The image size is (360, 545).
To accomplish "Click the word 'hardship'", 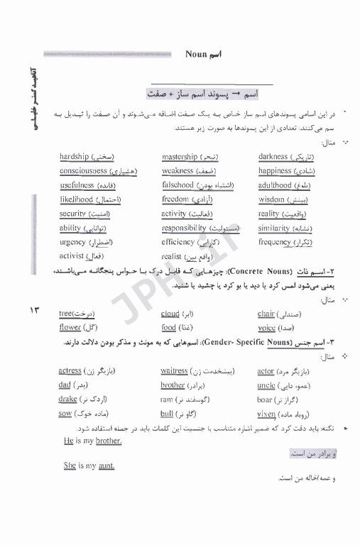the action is coord(75,157).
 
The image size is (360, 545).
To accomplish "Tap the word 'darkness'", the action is coord(273,157).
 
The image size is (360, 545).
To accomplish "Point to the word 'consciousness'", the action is coord(83,171).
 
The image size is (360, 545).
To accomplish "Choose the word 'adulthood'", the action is coord(275,185).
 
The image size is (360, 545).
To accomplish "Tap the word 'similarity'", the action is coord(274,229).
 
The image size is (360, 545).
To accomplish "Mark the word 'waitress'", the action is coord(174,371).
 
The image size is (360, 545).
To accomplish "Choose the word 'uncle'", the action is coord(266,385).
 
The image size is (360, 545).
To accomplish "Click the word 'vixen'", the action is coord(266,414).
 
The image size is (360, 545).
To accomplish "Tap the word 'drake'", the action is coord(68,400).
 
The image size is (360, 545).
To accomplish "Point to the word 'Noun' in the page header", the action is coord(195,54).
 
